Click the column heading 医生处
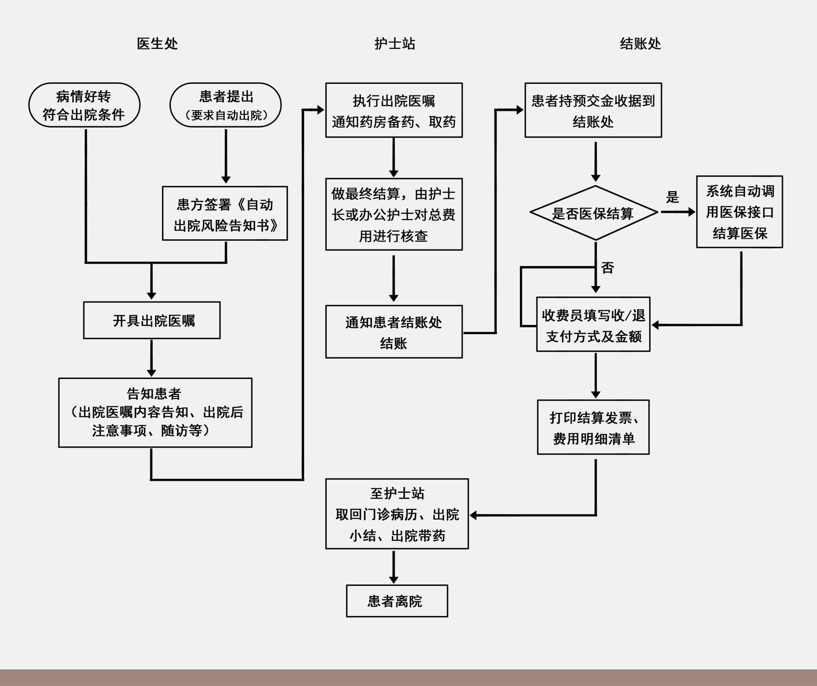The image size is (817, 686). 157,44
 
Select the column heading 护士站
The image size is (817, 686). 394,44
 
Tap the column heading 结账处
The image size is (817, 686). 640,44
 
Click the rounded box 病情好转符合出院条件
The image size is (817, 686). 84,105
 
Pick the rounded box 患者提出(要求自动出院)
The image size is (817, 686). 226,105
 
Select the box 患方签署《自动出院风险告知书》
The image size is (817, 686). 225,213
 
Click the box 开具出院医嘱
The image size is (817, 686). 152,320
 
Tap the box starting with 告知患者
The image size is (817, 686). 155,413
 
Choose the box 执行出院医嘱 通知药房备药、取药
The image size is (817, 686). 394,110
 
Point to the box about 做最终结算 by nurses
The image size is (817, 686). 394,214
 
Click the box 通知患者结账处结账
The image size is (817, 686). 394,332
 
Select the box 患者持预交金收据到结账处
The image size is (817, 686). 593,110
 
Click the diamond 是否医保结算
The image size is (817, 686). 594,213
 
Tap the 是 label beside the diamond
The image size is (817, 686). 673,197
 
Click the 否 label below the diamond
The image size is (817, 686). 608,268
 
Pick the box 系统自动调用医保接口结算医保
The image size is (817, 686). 739,212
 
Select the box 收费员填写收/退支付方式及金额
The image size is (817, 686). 593,325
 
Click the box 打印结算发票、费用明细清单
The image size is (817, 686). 593,427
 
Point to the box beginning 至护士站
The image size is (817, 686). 397,514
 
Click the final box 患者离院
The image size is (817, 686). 397,601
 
